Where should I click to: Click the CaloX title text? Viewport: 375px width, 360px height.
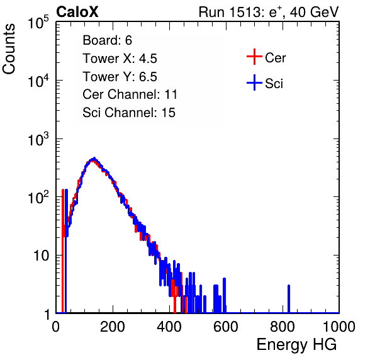pyautogui.click(x=77, y=12)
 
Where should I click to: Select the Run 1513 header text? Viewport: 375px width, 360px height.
pyautogui.click(x=269, y=12)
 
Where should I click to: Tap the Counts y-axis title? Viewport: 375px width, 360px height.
pyautogui.click(x=9, y=49)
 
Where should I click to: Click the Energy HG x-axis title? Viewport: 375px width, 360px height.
pyautogui.click(x=296, y=345)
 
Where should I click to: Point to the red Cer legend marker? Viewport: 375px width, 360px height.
pyautogui.click(x=254, y=57)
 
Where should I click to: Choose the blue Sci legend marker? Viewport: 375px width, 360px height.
pyautogui.click(x=254, y=82)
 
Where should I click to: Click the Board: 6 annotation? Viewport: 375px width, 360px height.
pyautogui.click(x=107, y=40)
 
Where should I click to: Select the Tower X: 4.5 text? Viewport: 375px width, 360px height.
pyautogui.click(x=120, y=59)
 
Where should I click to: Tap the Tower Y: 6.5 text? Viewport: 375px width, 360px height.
pyautogui.click(x=120, y=77)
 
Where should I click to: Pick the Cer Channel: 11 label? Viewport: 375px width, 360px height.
pyautogui.click(x=130, y=94)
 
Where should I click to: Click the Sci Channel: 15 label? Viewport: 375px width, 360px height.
pyautogui.click(x=129, y=113)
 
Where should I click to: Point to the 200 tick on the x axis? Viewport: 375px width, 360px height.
pyautogui.click(x=113, y=327)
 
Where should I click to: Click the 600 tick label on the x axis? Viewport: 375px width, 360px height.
pyautogui.click(x=226, y=327)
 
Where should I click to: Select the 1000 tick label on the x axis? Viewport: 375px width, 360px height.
pyautogui.click(x=339, y=327)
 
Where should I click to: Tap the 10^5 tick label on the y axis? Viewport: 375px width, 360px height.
pyautogui.click(x=38, y=23)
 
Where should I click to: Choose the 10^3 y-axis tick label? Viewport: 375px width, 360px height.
pyautogui.click(x=38, y=139)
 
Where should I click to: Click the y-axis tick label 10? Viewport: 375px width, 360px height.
pyautogui.click(x=41, y=256)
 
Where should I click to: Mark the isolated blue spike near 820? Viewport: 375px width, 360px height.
pyautogui.click(x=289, y=299)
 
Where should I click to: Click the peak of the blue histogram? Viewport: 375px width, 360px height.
pyautogui.click(x=94, y=159)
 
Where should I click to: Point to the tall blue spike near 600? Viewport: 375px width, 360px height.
pyautogui.click(x=225, y=295)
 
